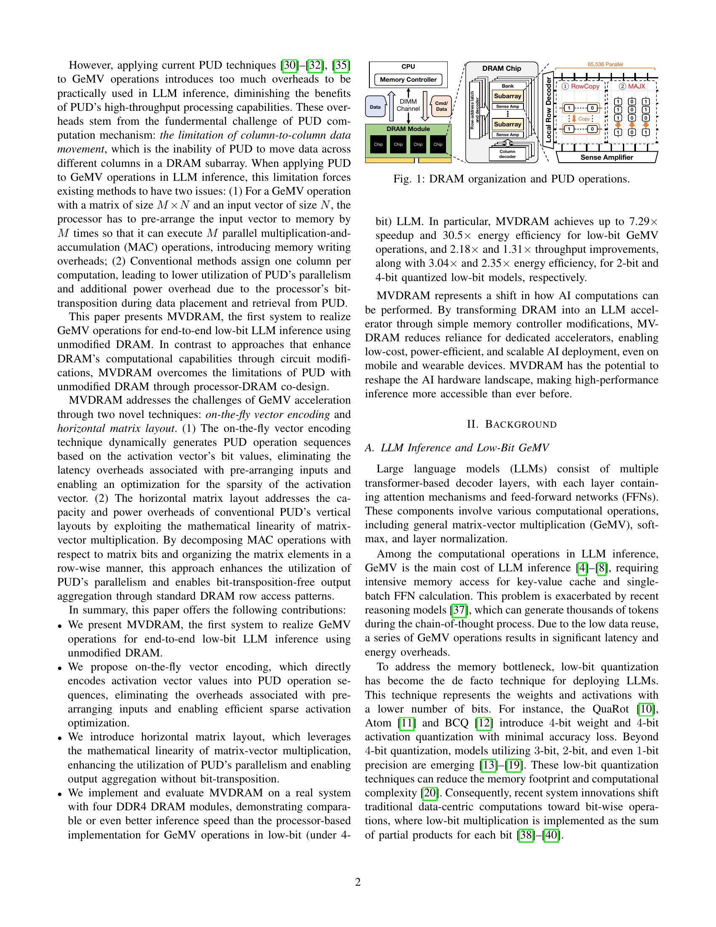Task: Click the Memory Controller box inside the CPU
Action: click(408, 79)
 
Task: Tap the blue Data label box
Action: click(375, 107)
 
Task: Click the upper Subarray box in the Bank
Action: click(508, 96)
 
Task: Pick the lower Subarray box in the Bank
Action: click(508, 124)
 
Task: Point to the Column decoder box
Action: click(508, 154)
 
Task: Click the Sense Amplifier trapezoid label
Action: click(606, 158)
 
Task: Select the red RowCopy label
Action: click(585, 86)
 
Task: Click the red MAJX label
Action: click(636, 86)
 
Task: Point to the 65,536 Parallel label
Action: click(605, 64)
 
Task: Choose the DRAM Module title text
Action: click(408, 129)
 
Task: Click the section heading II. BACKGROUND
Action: click(512, 424)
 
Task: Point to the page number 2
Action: click(358, 882)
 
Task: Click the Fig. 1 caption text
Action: click(511, 179)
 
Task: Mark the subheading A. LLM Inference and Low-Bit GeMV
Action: click(457, 448)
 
